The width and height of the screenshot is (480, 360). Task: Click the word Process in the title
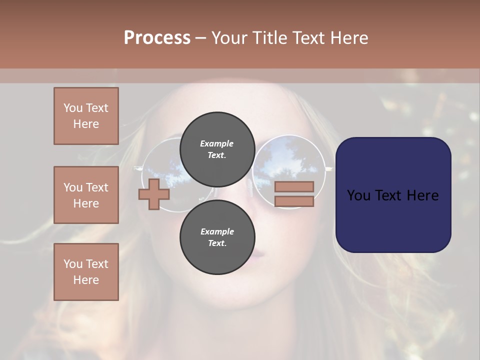point(157,38)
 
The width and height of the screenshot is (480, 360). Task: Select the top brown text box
point(86,116)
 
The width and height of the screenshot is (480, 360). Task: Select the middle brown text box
point(86,195)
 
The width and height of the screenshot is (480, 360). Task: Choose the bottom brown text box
point(86,272)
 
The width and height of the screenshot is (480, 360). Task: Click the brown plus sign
point(154,194)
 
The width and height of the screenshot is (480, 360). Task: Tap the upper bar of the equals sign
point(294,186)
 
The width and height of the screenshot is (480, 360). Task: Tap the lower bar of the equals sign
point(294,201)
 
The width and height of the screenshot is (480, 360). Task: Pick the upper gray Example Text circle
point(217,149)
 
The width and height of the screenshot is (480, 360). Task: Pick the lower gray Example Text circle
point(217,237)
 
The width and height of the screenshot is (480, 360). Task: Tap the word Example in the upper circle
point(216,143)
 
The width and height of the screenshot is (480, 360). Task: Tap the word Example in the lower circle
point(217,231)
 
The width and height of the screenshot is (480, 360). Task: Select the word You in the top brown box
point(72,108)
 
